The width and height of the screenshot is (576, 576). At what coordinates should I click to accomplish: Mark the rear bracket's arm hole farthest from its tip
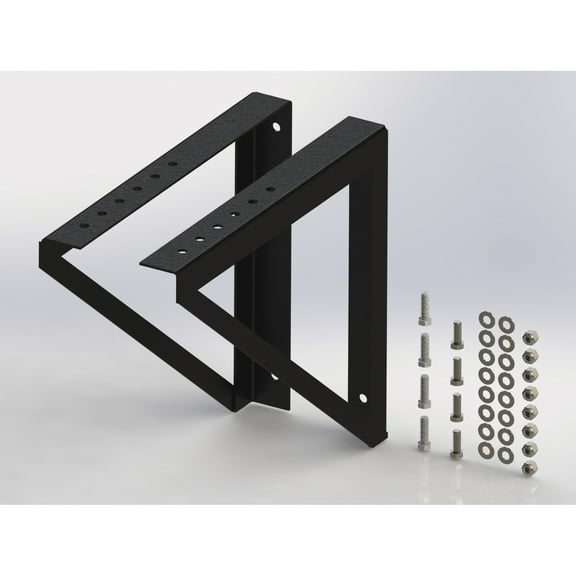(172, 162)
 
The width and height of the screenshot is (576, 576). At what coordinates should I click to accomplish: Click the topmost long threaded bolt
(423, 306)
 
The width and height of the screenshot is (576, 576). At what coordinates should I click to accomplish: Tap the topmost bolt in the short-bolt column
(456, 329)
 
